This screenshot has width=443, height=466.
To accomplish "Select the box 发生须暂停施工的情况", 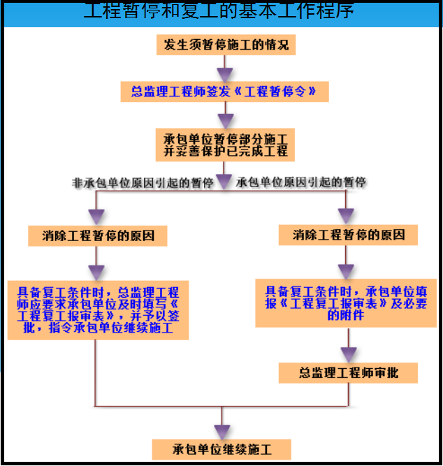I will (x=226, y=46).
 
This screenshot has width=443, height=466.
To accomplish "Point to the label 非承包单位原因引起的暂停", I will (x=143, y=183).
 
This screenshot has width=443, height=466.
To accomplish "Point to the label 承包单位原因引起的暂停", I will (x=303, y=183).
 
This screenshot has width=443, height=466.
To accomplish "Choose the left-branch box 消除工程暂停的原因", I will (x=97, y=235).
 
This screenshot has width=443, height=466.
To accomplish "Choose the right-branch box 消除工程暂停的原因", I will (x=348, y=235).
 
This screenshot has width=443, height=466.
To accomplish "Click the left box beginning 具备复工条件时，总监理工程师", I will (x=98, y=310).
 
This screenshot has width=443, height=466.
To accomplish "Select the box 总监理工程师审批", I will (x=348, y=372).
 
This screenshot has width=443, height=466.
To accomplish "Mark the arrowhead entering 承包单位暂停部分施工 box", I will (x=224, y=115).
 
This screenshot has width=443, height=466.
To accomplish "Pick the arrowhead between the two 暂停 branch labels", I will (x=224, y=181).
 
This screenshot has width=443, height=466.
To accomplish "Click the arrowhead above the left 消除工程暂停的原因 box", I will (x=96, y=215).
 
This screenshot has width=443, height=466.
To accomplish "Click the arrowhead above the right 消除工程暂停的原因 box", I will (x=346, y=215).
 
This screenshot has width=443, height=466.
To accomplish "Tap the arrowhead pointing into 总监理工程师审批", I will (x=347, y=354).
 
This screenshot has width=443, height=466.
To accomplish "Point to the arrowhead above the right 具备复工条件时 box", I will (x=346, y=271).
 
